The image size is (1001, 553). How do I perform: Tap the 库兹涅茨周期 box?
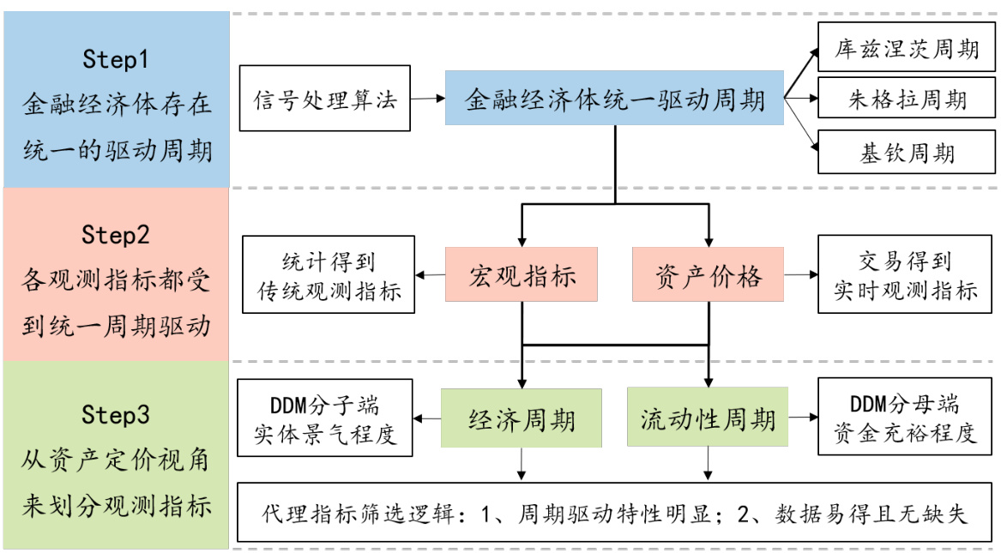click(x=907, y=48)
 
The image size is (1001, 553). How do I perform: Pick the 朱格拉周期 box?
click(x=907, y=99)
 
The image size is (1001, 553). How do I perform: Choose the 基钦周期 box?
click(x=907, y=152)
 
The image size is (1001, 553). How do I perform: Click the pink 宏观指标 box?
click(x=522, y=274)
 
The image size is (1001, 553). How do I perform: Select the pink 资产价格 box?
click(x=708, y=274)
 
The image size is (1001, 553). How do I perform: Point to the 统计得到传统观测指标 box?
click(x=328, y=274)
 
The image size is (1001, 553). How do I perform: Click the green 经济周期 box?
click(x=522, y=418)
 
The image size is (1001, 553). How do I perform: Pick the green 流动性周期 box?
click(x=708, y=418)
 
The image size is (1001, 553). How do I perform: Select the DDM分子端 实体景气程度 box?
click(x=325, y=418)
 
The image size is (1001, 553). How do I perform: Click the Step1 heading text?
click(x=116, y=59)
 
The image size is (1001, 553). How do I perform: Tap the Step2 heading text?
click(x=116, y=234)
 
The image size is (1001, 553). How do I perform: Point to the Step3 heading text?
click(x=116, y=415)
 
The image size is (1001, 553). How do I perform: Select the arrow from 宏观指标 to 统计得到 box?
click(x=430, y=275)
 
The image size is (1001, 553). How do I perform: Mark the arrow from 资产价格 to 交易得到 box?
click(x=801, y=275)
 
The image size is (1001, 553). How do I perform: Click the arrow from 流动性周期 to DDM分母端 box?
click(x=801, y=418)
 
